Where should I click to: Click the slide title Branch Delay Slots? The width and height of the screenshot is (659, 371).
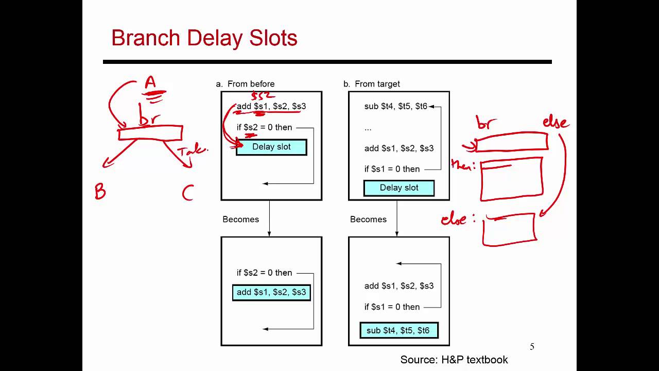coord(204,39)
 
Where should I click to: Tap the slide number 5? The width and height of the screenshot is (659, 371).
coord(532,347)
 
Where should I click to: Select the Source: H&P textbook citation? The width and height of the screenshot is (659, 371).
coord(454,360)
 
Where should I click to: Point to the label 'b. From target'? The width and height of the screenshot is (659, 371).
coord(372,84)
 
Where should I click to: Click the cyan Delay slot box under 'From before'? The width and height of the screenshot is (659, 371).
coord(271,147)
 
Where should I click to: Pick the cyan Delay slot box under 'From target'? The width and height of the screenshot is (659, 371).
coord(399,188)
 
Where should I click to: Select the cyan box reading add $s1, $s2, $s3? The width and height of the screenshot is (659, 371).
coord(271,293)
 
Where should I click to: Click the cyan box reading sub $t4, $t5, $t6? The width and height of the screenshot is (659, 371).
coord(399,331)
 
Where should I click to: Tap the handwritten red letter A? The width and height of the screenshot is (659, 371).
coord(150,82)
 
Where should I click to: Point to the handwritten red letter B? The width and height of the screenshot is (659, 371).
coord(100,193)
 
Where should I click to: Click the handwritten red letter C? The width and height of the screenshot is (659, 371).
coord(187,193)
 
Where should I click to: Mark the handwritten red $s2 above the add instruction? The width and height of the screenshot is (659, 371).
coord(263,95)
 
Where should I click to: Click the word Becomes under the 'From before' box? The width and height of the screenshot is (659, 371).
coord(240,220)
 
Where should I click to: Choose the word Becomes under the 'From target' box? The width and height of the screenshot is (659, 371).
coord(368,220)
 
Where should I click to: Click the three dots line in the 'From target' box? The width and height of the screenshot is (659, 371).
coord(368,128)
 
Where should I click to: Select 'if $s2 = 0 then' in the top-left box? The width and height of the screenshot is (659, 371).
coord(264,128)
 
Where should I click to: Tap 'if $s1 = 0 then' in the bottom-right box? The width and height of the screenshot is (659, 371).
coord(392,307)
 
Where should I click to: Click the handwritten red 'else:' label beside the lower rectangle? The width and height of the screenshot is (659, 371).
coord(460,219)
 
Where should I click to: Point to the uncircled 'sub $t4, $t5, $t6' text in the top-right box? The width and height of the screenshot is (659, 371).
coord(395,107)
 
